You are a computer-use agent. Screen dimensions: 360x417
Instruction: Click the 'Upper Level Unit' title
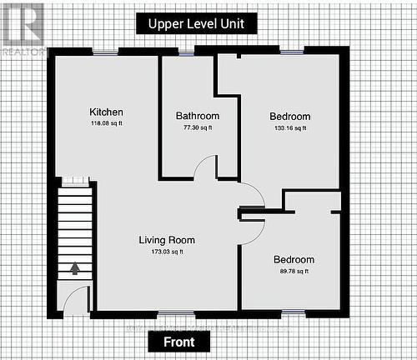click(196, 23)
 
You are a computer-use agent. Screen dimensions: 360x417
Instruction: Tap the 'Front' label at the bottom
click(179, 342)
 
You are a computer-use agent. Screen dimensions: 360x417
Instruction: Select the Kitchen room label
click(107, 112)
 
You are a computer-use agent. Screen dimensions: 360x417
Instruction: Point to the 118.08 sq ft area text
click(107, 125)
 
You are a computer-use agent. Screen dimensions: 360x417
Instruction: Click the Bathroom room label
click(198, 116)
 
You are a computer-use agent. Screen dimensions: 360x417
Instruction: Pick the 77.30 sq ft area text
click(198, 128)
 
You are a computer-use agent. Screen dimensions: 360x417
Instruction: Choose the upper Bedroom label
click(290, 117)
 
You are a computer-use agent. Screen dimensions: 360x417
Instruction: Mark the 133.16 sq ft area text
click(290, 128)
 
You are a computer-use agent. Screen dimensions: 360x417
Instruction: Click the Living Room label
click(166, 240)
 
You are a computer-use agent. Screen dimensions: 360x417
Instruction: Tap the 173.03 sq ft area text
click(166, 252)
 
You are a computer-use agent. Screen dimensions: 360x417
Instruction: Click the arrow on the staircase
click(76, 268)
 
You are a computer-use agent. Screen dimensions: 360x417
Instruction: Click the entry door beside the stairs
click(76, 299)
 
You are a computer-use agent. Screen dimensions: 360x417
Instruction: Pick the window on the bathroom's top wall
click(186, 52)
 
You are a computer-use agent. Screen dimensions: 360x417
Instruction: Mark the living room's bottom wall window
click(170, 314)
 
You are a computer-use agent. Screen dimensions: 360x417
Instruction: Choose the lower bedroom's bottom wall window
click(293, 313)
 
